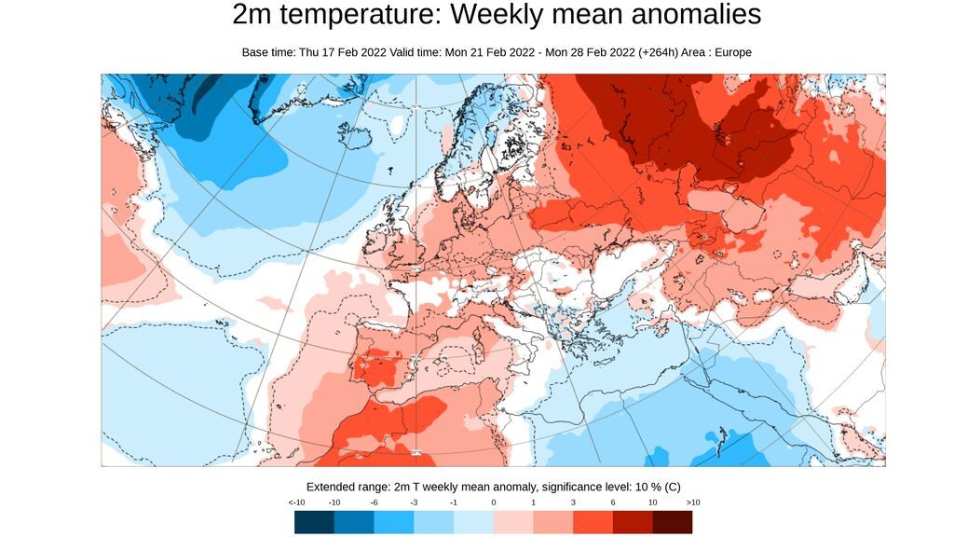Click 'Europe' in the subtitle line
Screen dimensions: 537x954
732,52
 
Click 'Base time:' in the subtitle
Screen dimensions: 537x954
268,52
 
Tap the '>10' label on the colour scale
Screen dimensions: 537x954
693,503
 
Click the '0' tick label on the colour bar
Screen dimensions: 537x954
494,503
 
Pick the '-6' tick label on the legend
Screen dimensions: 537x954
374,503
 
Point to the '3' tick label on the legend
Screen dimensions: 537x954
573,503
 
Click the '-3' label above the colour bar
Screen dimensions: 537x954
414,503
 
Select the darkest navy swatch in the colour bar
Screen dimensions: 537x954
314,522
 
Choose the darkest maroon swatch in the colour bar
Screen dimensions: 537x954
672,522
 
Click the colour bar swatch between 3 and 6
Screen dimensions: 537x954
593,522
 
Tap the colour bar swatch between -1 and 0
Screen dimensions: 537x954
473,522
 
